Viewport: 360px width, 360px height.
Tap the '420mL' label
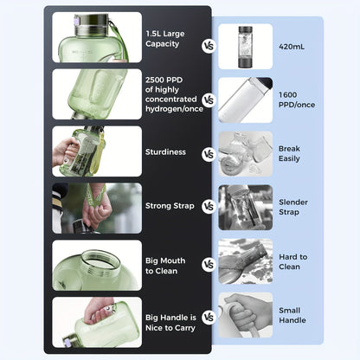coord(292,45)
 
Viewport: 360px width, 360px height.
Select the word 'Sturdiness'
coord(165,151)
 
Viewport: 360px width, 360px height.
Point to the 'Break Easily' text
coord(290,154)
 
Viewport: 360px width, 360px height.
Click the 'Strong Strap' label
coord(170,206)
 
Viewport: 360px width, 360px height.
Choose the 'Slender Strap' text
coord(292,207)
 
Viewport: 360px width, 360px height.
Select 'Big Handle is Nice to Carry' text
coord(171,317)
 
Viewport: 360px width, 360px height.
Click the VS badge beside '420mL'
coord(209,45)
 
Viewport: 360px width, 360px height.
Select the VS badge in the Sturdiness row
coord(209,153)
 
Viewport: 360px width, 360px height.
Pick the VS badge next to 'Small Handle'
coord(209,318)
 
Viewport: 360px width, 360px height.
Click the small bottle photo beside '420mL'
coord(245,45)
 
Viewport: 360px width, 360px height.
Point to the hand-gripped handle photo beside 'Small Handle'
coord(245,314)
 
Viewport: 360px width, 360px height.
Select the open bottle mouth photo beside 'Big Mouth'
coord(96,265)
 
